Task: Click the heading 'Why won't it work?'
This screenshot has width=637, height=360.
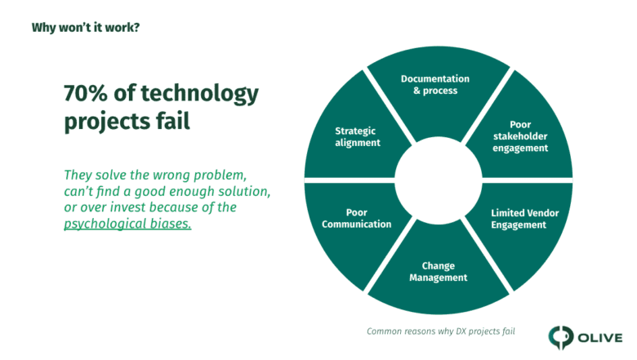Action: coord(86,28)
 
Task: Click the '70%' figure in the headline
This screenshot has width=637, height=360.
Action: coord(85,93)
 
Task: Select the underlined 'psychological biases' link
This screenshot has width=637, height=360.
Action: coord(127,224)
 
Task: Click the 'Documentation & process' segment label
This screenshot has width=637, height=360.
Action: coord(435,84)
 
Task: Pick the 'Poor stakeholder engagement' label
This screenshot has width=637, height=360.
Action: coord(520,136)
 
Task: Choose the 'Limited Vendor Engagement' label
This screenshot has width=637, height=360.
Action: coord(525,219)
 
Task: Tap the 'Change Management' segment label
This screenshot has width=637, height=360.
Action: coord(438,272)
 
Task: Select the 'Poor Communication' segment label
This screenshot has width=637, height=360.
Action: coord(357,218)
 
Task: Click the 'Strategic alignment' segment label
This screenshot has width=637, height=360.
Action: coord(358,137)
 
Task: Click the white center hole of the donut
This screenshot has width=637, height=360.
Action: coord(439,180)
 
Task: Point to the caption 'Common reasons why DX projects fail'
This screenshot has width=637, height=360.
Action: coord(441,331)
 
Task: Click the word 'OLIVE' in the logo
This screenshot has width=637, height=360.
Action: coord(600,338)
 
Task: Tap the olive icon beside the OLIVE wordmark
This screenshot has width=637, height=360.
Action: coord(560,337)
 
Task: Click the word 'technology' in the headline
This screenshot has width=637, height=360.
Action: coord(199,94)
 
